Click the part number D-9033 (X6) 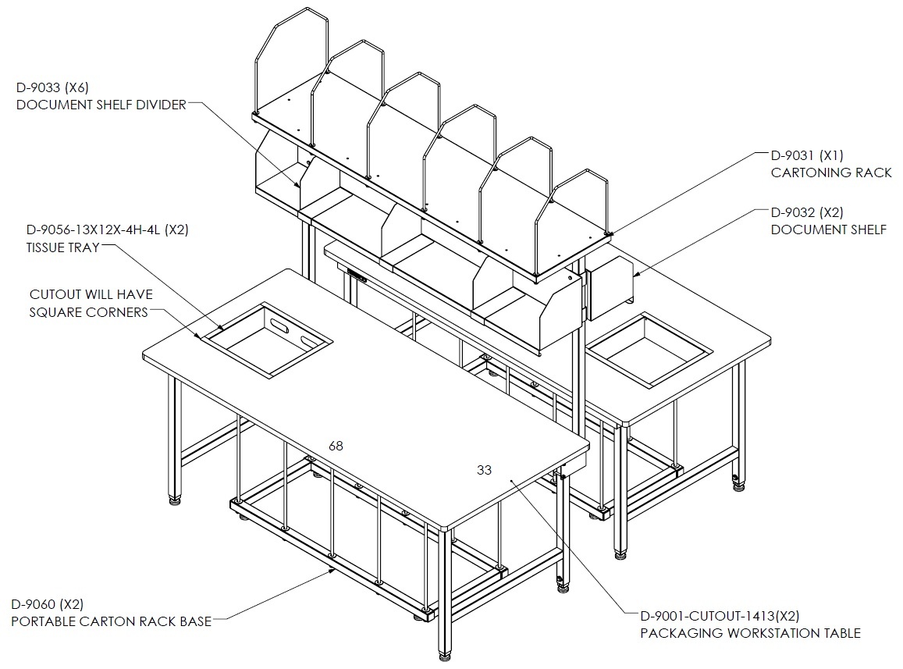tap(52, 87)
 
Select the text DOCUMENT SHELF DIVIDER tap(101, 105)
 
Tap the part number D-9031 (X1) tap(808, 155)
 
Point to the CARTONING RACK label tap(831, 173)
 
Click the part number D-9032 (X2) tap(808, 212)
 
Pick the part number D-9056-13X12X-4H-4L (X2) tap(108, 230)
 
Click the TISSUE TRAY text tap(62, 247)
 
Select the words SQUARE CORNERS tap(89, 312)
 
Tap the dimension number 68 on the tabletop tap(336, 446)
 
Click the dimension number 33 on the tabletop tap(485, 470)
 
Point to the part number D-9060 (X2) tap(48, 604)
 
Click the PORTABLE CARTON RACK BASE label tap(111, 621)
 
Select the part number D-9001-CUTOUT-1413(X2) tap(720, 616)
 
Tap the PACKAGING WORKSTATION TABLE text tap(750, 633)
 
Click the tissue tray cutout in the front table tap(266, 340)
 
